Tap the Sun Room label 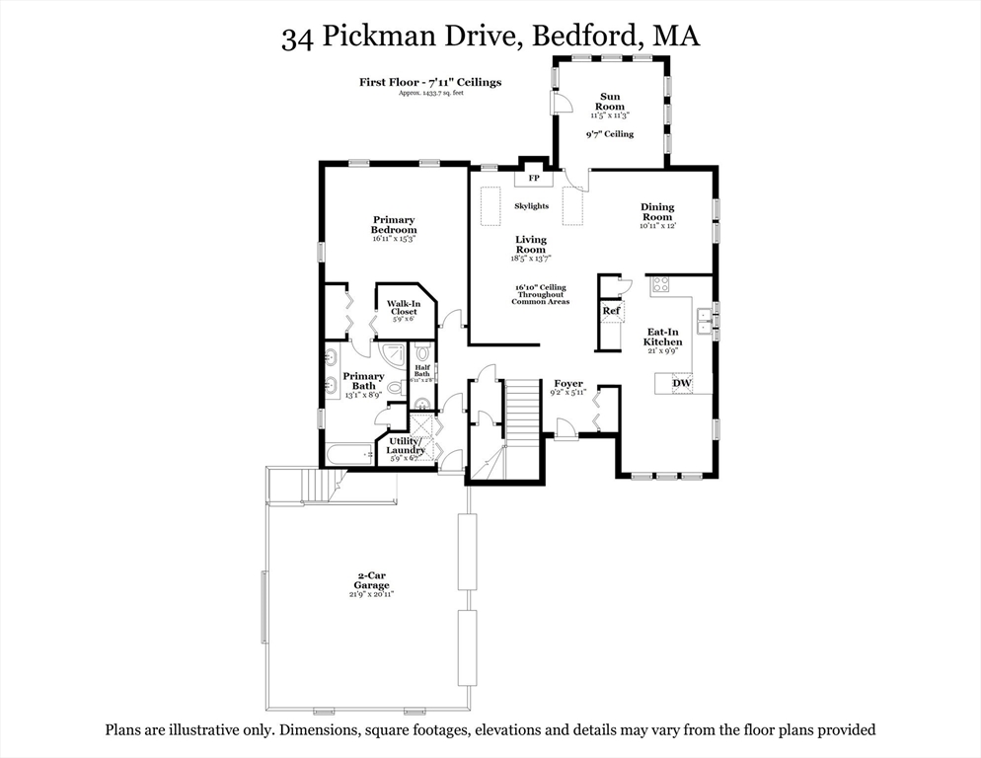click(611, 101)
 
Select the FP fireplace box click(534, 179)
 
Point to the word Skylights click(531, 206)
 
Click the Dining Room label click(657, 212)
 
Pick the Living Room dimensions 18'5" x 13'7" click(531, 260)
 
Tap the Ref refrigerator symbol click(611, 312)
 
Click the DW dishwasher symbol click(682, 383)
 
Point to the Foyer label click(567, 384)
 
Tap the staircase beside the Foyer click(524, 405)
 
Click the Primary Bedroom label click(394, 225)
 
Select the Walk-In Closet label click(403, 308)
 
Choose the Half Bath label click(421, 371)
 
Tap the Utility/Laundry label click(406, 445)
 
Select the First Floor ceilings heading click(429, 82)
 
